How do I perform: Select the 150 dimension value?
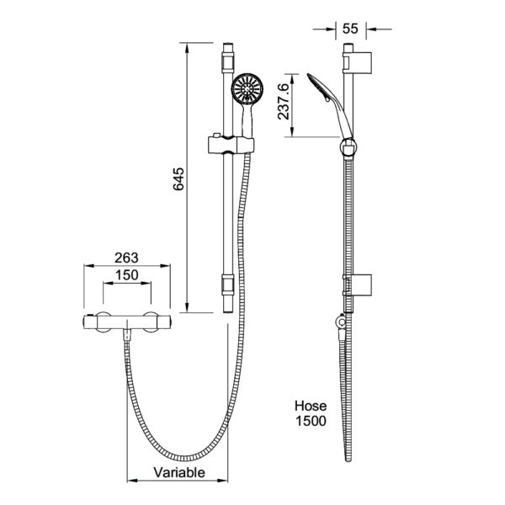pos(128,274)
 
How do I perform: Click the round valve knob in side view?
pos(340,322)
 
